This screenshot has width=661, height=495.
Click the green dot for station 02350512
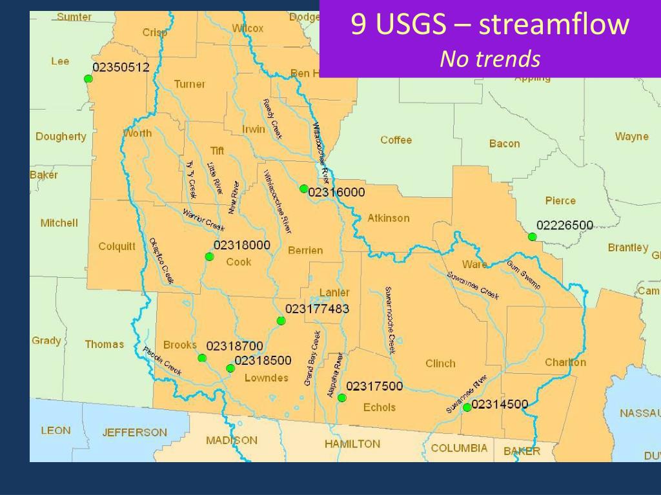point(88,79)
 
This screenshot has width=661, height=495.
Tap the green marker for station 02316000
point(303,189)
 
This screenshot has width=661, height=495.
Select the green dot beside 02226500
point(532,237)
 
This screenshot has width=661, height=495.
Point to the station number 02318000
point(241,246)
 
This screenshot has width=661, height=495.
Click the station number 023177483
point(317,309)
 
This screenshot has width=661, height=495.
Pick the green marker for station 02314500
point(467,407)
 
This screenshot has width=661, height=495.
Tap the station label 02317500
point(374,387)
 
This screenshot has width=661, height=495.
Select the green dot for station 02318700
point(202,358)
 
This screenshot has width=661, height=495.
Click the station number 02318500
point(263,361)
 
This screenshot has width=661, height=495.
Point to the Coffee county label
point(396,141)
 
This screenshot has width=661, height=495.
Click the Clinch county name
point(440,364)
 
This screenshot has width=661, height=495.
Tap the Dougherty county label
point(61,137)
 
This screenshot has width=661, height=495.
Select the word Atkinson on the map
point(389,218)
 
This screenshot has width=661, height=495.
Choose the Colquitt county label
point(117,246)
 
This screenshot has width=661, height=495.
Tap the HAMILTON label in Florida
point(352,444)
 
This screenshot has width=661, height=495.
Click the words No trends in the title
point(490,59)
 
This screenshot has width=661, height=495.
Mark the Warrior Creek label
point(203,220)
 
